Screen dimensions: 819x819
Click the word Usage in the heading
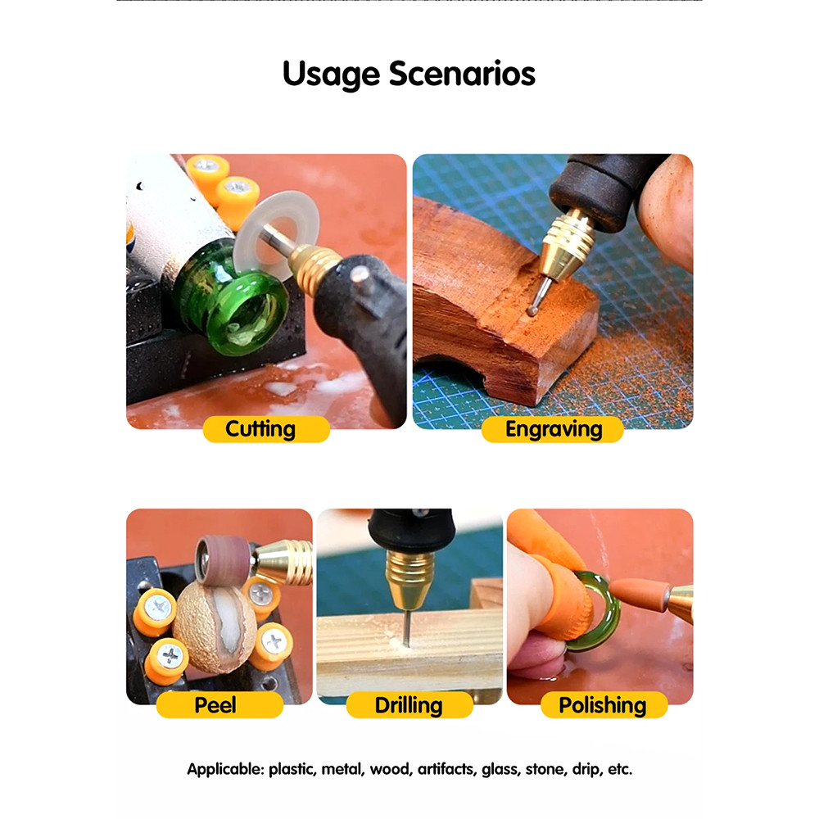tap(331, 75)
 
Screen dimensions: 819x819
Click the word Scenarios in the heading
tap(462, 73)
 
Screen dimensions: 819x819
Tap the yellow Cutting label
tap(266, 429)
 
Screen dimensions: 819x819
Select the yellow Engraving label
tap(553, 429)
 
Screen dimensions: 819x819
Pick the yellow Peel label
tap(219, 704)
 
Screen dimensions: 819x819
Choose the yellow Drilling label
tap(409, 704)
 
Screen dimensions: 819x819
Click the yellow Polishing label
tap(604, 704)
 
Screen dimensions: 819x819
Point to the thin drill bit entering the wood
tap(405, 627)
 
